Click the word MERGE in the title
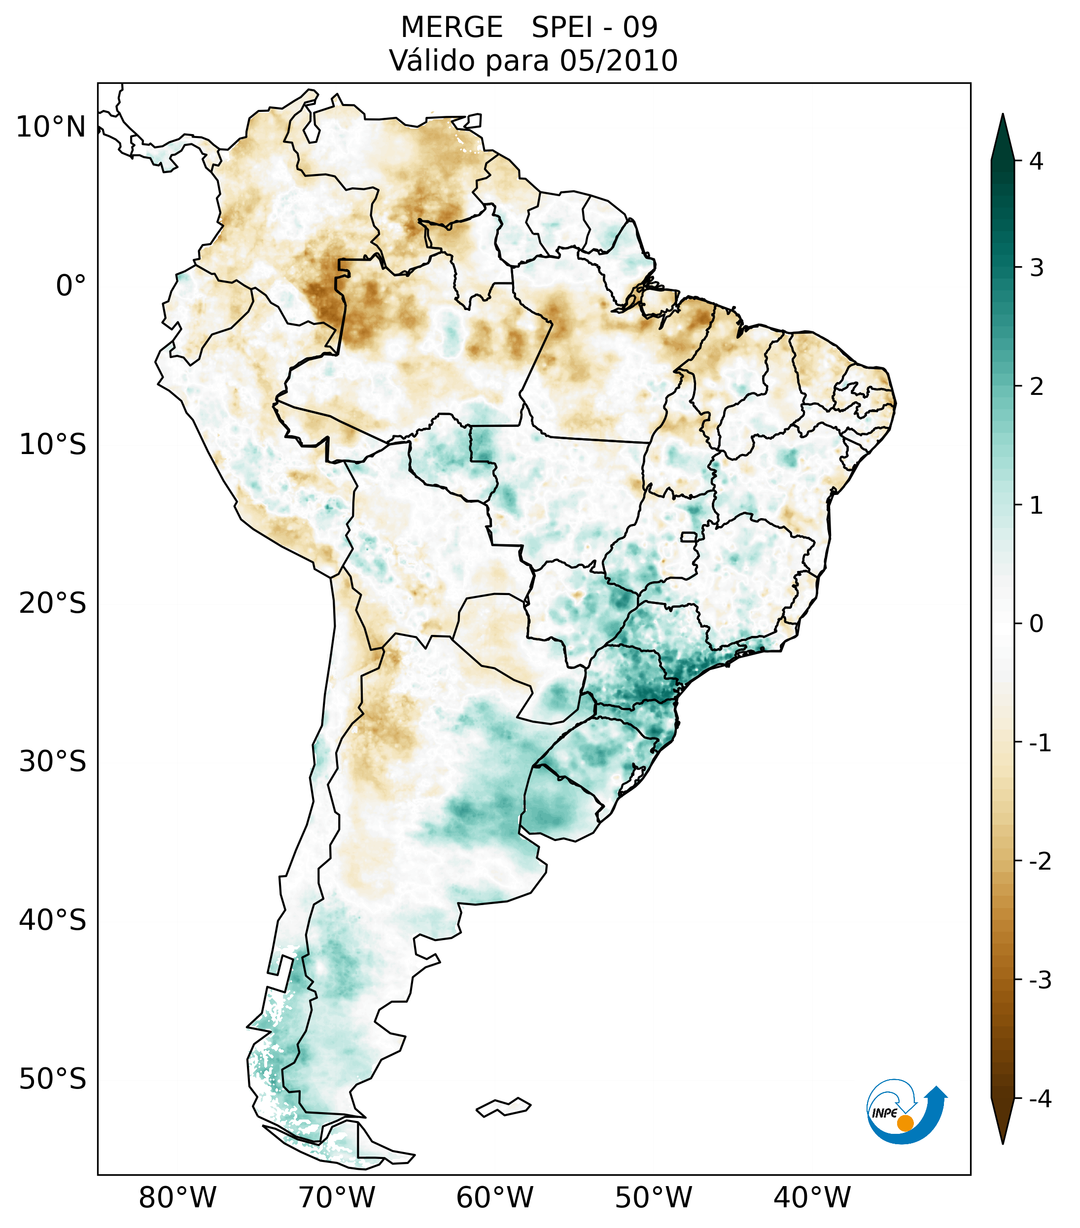tap(452, 28)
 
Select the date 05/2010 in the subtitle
tap(618, 61)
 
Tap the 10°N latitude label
tap(51, 127)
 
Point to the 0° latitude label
tap(71, 286)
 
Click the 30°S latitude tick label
tap(53, 762)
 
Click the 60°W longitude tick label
tap(494, 1198)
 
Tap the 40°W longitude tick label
tap(812, 1198)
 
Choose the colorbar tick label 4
tap(1036, 161)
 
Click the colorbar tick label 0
tap(1036, 624)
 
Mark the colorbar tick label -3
tap(1040, 980)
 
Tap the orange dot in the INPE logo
tap(905, 1123)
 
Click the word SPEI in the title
tap(561, 28)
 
